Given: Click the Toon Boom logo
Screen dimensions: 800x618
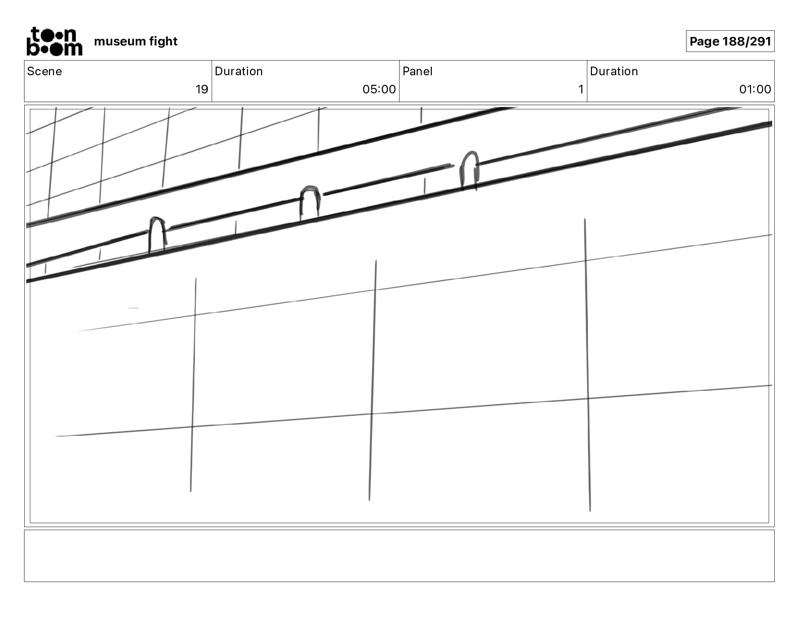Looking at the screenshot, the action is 54,41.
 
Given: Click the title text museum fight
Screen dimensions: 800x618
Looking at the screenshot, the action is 135,41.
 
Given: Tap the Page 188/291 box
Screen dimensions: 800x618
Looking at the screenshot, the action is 730,41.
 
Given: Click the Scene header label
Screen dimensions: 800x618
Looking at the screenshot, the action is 44,71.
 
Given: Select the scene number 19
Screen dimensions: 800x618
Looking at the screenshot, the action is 202,90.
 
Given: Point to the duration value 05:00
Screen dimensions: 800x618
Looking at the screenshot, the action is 379,90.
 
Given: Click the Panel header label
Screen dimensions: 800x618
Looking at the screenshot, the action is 417,71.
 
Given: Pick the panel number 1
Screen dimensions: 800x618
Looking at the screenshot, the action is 581,90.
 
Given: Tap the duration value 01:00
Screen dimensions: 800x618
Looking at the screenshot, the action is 755,90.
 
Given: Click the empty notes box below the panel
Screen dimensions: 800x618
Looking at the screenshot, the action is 399,555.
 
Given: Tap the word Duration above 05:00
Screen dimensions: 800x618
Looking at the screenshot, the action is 238,71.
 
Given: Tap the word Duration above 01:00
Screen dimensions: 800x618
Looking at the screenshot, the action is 614,71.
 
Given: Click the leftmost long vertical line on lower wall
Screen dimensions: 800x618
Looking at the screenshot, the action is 193,384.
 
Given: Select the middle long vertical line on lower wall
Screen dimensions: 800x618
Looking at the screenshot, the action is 372,379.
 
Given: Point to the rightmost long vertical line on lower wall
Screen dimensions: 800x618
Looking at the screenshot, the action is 587,364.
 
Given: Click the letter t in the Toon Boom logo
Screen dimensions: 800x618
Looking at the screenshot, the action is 36,34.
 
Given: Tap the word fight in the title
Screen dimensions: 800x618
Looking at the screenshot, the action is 163,41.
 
